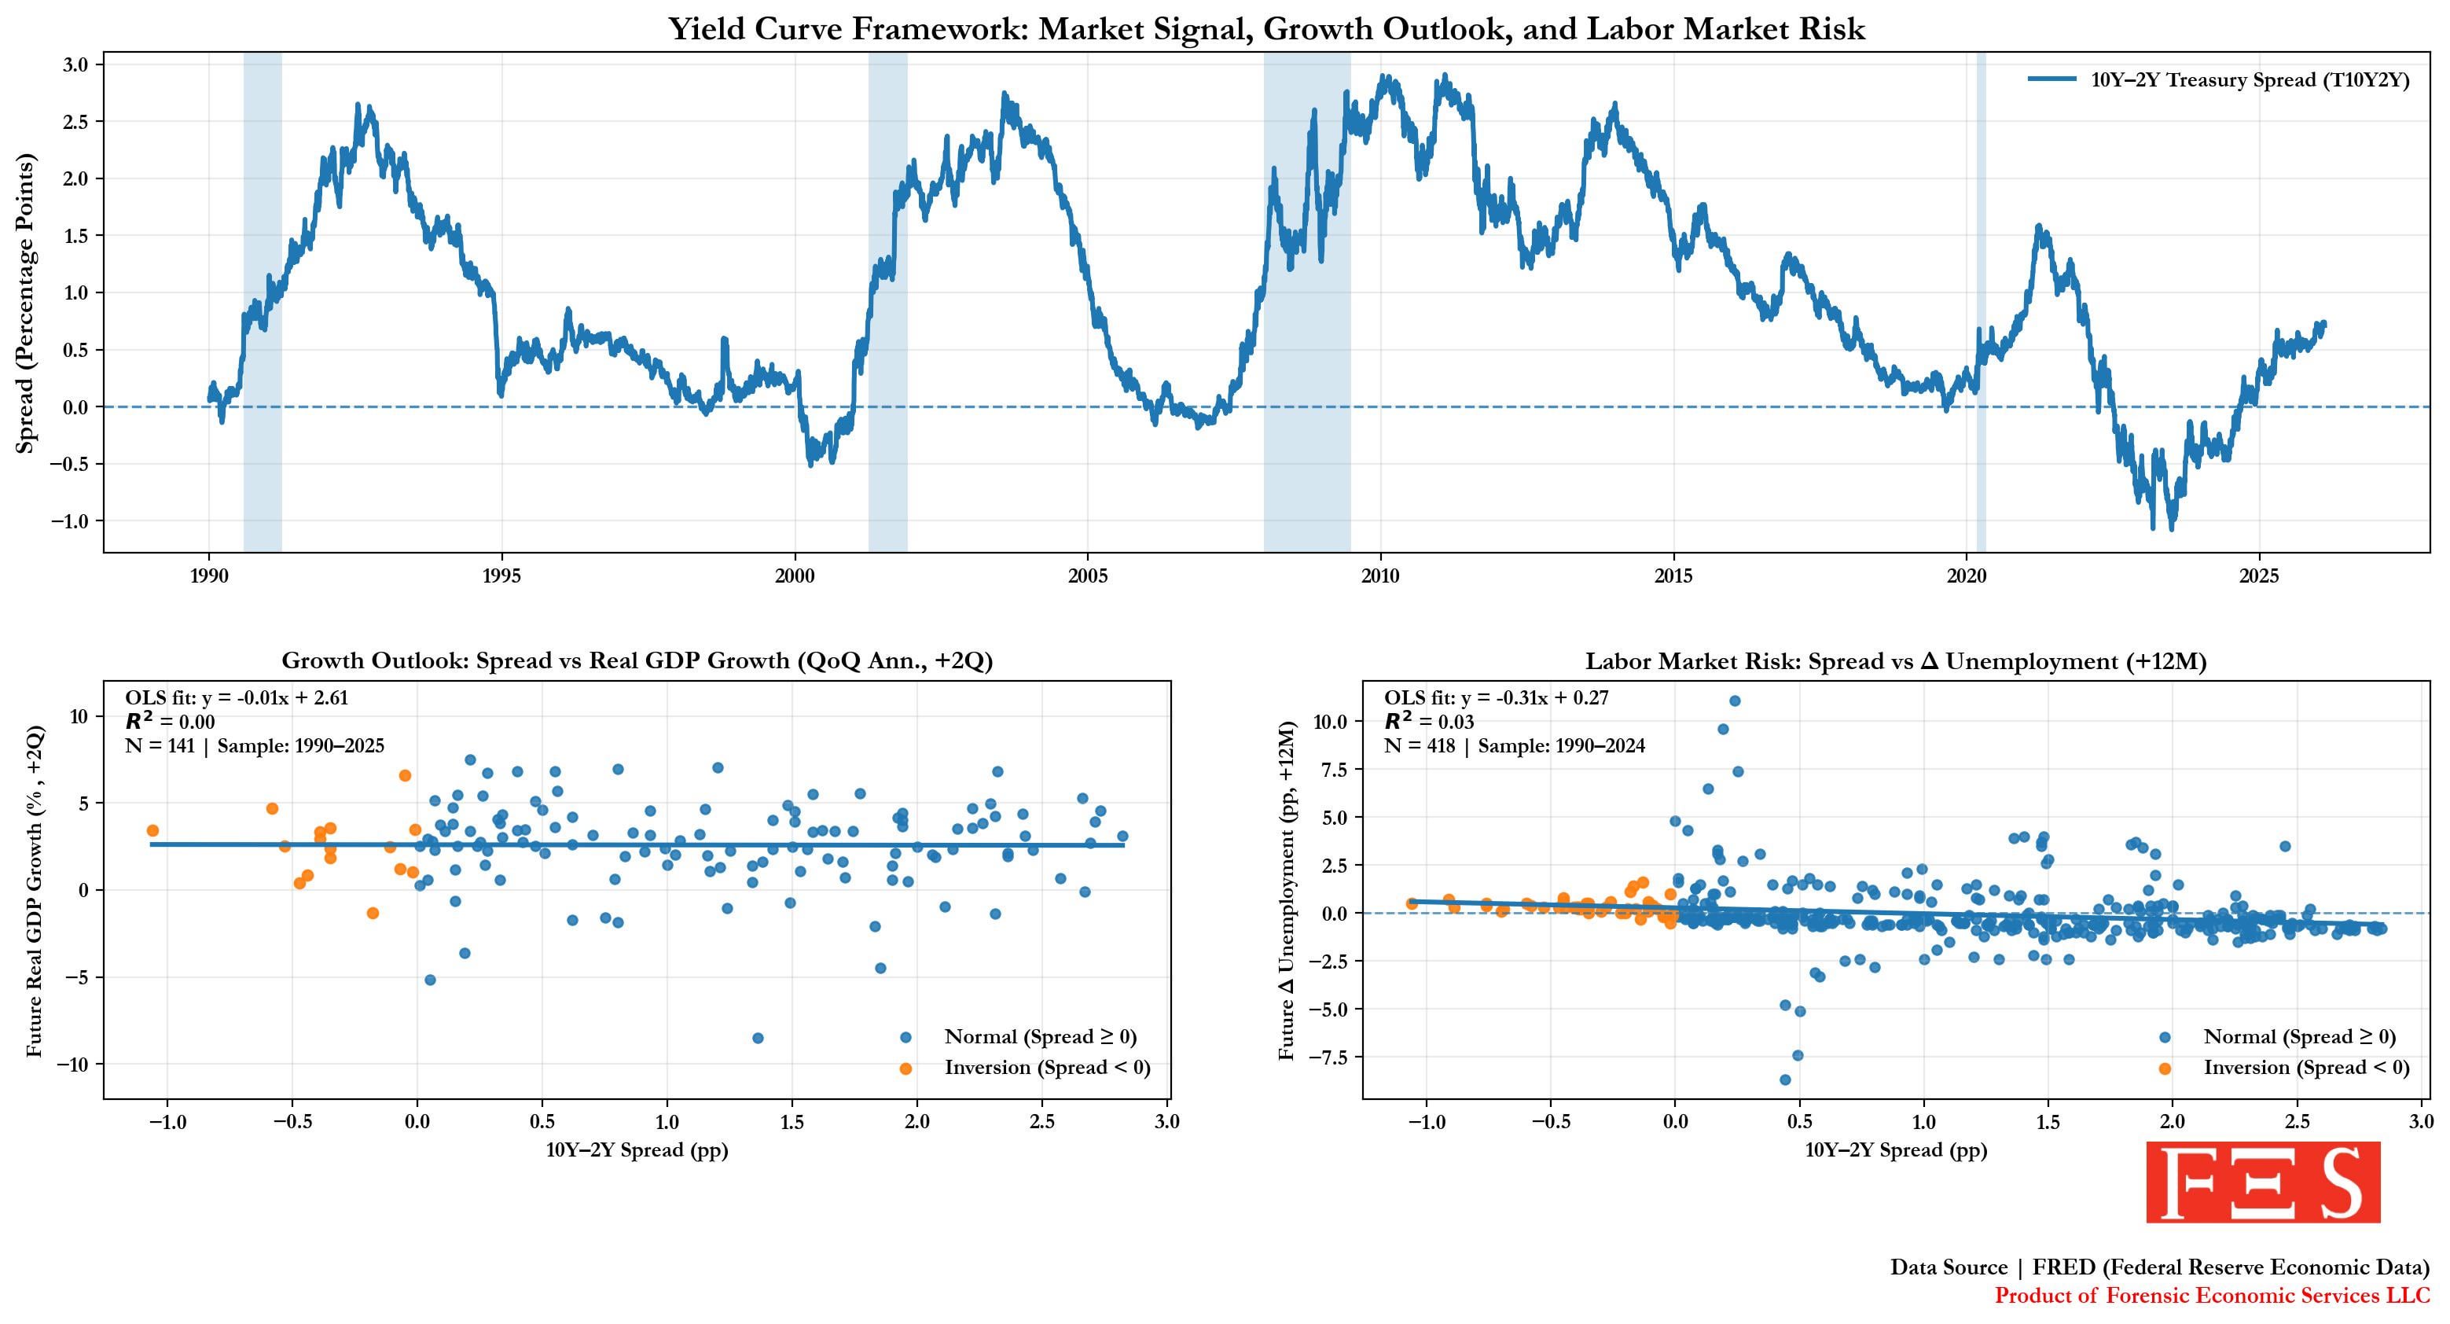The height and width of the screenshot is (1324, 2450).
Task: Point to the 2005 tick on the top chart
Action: (x=1087, y=576)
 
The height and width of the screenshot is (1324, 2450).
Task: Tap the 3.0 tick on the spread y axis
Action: (x=75, y=64)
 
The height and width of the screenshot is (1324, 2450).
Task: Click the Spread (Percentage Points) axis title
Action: (x=26, y=303)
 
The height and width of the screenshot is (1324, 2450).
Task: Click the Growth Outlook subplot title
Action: (x=637, y=661)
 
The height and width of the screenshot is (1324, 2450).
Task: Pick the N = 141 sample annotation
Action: (x=255, y=745)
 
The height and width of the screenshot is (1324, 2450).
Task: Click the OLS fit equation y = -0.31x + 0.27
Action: (x=1496, y=697)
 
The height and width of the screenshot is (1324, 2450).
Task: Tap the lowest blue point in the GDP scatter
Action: (x=757, y=1038)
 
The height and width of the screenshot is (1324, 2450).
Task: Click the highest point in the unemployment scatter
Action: (x=1734, y=701)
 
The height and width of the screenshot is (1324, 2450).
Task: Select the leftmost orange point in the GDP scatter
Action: (x=152, y=830)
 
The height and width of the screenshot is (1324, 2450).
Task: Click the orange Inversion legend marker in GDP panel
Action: (x=905, y=1069)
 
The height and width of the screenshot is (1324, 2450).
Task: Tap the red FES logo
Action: (x=2263, y=1182)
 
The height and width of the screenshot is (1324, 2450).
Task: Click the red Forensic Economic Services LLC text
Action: (x=2211, y=1296)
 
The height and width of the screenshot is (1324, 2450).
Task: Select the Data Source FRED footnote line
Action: (x=2159, y=1267)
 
